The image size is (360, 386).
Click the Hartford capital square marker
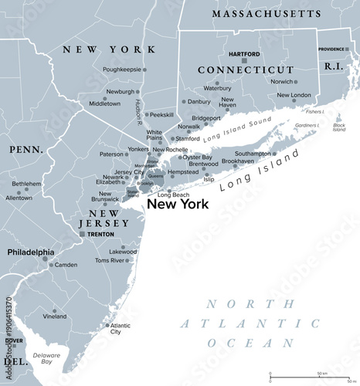tap(244, 60)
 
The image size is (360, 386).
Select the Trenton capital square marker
tap(83, 234)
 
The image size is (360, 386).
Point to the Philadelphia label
tap(31, 252)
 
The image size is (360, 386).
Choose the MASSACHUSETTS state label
tap(267, 14)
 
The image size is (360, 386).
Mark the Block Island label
tap(339, 127)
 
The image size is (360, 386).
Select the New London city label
tap(294, 95)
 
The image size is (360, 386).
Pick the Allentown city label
tap(19, 198)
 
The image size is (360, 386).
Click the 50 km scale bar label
tap(322, 374)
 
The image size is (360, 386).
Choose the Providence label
tap(333, 49)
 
